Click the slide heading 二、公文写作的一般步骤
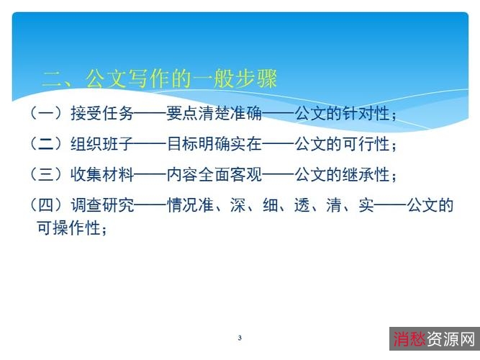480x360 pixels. (x=160, y=78)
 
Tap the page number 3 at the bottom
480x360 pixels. (x=239, y=338)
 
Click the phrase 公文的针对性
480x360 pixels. (x=340, y=113)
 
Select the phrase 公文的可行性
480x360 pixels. (x=340, y=143)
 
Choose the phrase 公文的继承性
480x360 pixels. (x=340, y=174)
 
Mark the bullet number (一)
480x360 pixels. (x=45, y=113)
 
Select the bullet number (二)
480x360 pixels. (x=45, y=143)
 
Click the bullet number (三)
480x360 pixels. (x=45, y=174)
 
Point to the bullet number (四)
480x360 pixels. (x=45, y=206)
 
